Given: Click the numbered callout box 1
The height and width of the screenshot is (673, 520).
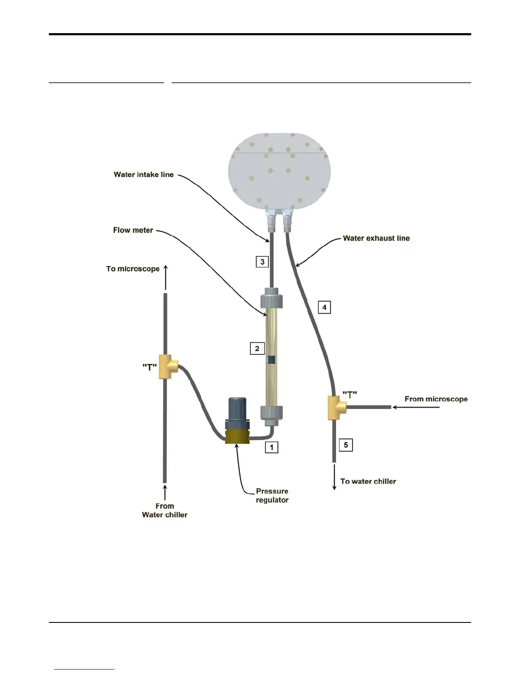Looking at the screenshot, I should (x=271, y=447).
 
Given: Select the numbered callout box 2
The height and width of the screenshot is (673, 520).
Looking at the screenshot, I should (x=257, y=348).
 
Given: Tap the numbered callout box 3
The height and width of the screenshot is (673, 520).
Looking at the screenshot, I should (x=262, y=262).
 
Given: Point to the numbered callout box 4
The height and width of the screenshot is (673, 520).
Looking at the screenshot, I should (x=324, y=307).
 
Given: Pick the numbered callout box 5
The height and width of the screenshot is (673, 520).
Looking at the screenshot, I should (x=346, y=445).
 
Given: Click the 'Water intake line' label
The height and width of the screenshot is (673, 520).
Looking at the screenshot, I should (x=144, y=175).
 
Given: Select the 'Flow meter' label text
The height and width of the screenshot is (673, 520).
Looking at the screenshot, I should (x=133, y=230).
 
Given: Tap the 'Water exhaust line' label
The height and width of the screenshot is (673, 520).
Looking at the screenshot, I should (x=376, y=238).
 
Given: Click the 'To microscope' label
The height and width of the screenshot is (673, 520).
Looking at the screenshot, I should (x=133, y=269).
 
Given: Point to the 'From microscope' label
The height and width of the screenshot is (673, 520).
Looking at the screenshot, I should (x=436, y=399).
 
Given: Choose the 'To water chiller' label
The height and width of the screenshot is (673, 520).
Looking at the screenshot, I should (x=368, y=481).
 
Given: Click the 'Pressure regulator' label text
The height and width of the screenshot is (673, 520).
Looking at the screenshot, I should (x=272, y=496).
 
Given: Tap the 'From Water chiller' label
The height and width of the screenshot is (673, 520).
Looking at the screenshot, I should (x=164, y=510).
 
